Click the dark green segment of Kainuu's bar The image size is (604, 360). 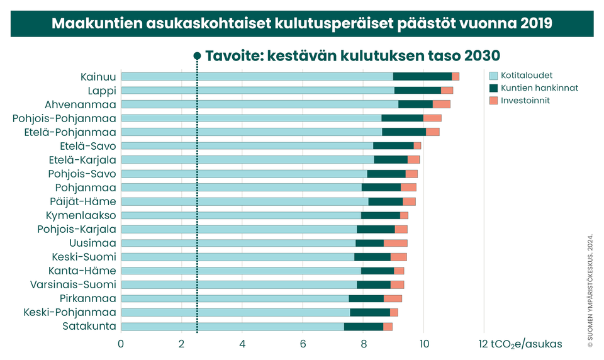[422, 76]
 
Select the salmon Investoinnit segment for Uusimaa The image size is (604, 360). [396, 243]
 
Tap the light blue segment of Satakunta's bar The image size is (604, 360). [232, 326]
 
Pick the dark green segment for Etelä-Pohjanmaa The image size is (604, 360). [404, 132]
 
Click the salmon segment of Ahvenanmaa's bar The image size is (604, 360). [441, 104]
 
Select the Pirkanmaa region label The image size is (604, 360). [88, 298]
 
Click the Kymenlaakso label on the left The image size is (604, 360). [81, 215]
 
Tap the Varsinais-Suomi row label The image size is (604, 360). [73, 284]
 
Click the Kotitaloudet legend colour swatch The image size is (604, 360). [493, 76]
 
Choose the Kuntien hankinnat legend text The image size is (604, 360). [540, 88]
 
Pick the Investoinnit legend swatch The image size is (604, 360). [493, 101]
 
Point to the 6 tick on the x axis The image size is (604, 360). [303, 344]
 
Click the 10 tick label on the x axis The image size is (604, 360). [423, 344]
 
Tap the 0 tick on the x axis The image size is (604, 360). [121, 344]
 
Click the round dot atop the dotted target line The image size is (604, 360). [197, 55]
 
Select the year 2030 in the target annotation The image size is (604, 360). [481, 55]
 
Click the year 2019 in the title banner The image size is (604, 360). [536, 24]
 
